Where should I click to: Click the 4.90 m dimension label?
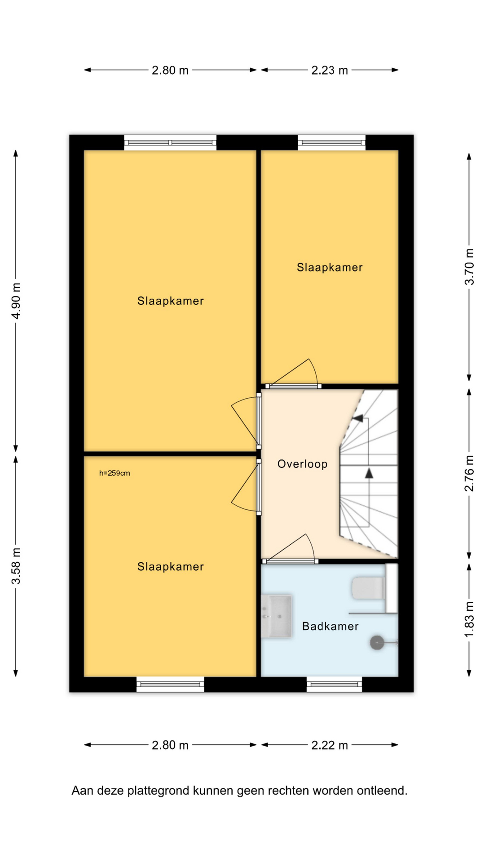point(16,301)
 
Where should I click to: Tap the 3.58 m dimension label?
point(16,566)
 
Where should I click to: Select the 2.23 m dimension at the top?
point(330,70)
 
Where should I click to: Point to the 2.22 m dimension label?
point(330,745)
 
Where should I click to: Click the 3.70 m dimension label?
point(469,267)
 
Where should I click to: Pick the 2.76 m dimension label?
point(469,473)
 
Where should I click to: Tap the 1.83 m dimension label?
point(469,619)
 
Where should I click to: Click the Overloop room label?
point(302,464)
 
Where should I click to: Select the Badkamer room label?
point(330,626)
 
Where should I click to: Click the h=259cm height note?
point(115,473)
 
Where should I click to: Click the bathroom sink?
point(277,616)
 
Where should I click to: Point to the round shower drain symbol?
point(377,643)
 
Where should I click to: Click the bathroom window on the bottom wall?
point(334,684)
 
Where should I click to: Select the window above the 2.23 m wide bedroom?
point(331,143)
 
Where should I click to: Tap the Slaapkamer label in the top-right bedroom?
point(330,267)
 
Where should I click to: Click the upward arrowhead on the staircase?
point(369,473)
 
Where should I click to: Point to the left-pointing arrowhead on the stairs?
point(357,418)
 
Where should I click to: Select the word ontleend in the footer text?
point(382,791)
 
